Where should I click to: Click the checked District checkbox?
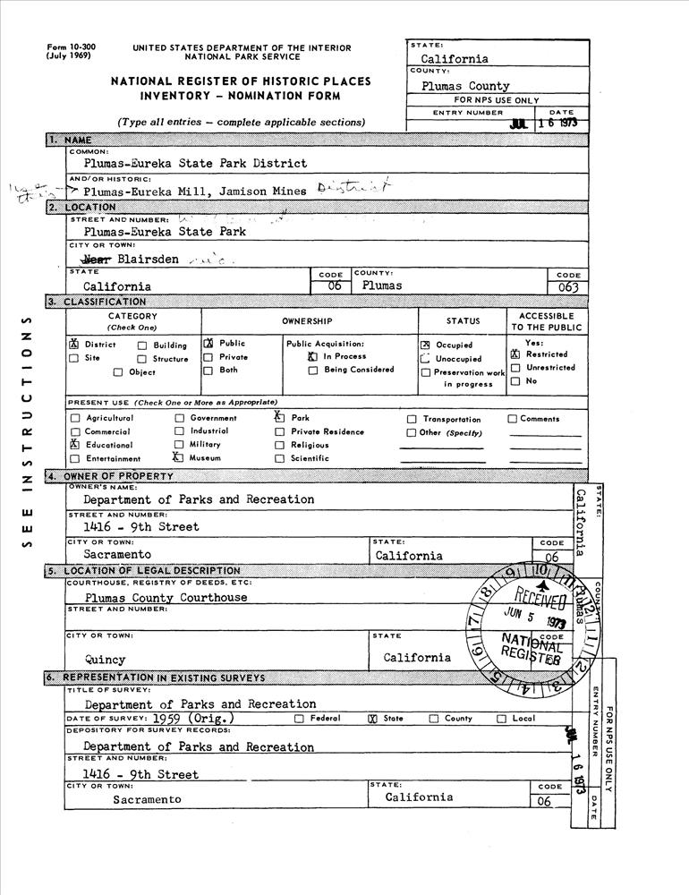point(74,345)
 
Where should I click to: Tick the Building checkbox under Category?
point(142,345)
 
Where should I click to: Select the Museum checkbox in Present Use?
point(179,457)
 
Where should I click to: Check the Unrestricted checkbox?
point(515,368)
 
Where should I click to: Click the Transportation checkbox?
point(412,419)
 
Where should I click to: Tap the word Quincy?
point(106,659)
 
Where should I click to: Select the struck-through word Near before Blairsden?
point(97,259)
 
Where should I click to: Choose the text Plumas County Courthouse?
point(166,597)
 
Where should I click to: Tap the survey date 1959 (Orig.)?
point(193,718)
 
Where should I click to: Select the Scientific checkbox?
point(280,458)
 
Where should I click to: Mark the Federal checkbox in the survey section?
point(300,718)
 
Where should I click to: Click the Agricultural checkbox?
point(75,419)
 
